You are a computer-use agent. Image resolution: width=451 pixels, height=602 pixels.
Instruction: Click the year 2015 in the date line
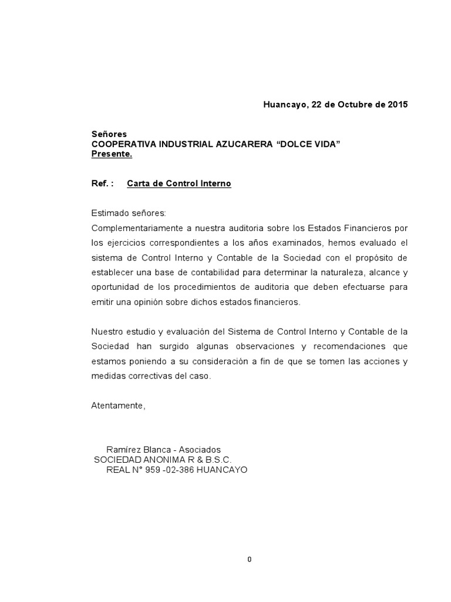point(397,105)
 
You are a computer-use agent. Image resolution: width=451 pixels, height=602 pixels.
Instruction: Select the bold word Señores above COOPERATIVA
point(109,135)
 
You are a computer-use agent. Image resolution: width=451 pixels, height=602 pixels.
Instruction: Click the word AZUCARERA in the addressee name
point(241,145)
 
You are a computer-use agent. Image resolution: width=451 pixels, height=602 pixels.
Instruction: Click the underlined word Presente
point(112,155)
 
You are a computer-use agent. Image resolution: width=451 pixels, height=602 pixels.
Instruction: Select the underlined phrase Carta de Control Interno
point(179,183)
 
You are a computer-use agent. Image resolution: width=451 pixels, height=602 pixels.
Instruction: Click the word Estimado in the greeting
point(111,213)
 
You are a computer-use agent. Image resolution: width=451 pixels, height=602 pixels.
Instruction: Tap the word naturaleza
point(337,272)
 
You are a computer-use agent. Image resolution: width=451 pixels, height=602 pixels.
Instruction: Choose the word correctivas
point(147,375)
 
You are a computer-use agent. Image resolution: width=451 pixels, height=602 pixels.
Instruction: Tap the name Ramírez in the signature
point(123,449)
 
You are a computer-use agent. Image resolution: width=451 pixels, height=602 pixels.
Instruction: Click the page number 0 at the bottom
point(250,560)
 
